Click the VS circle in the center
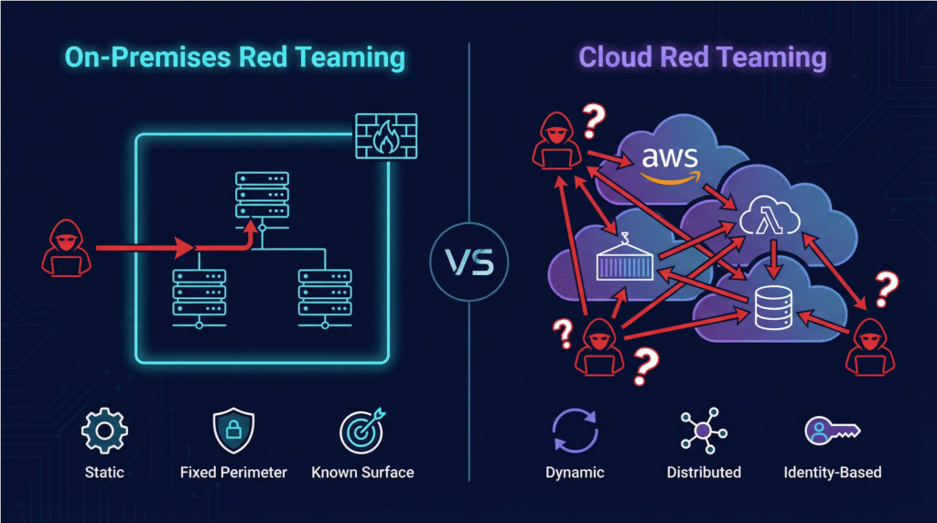pos(468,261)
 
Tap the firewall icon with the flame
pos(385,137)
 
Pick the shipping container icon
pos(625,258)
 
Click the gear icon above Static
pos(103,432)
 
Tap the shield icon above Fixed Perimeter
pos(233,432)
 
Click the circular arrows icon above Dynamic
pos(575,432)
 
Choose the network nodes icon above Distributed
pos(703,430)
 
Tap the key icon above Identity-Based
pos(831,431)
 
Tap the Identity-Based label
pos(833,473)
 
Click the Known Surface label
pos(362,473)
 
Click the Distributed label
pos(704,473)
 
